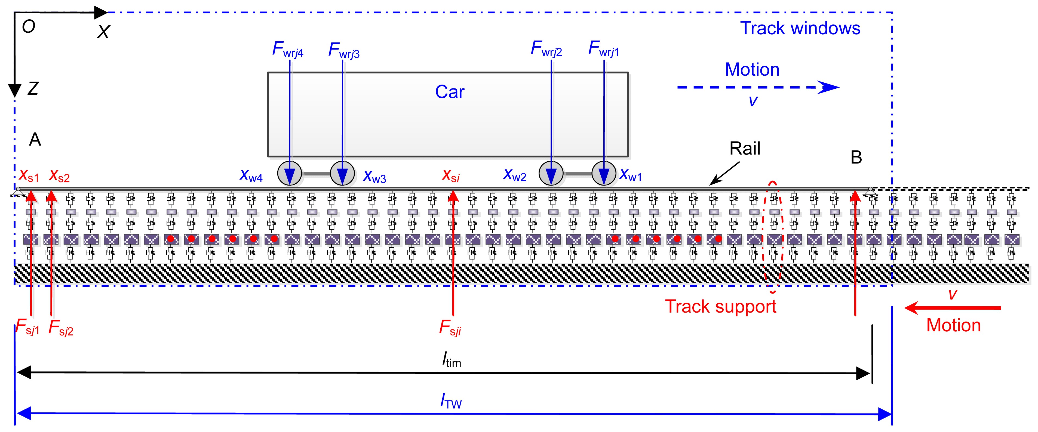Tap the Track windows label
point(800,28)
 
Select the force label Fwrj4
point(288,50)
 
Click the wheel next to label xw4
point(290,174)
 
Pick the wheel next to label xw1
point(604,174)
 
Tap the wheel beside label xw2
point(551,174)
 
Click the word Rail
point(745,149)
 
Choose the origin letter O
point(29,27)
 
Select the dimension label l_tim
point(451,360)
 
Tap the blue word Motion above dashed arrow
point(752,70)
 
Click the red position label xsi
point(450,175)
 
